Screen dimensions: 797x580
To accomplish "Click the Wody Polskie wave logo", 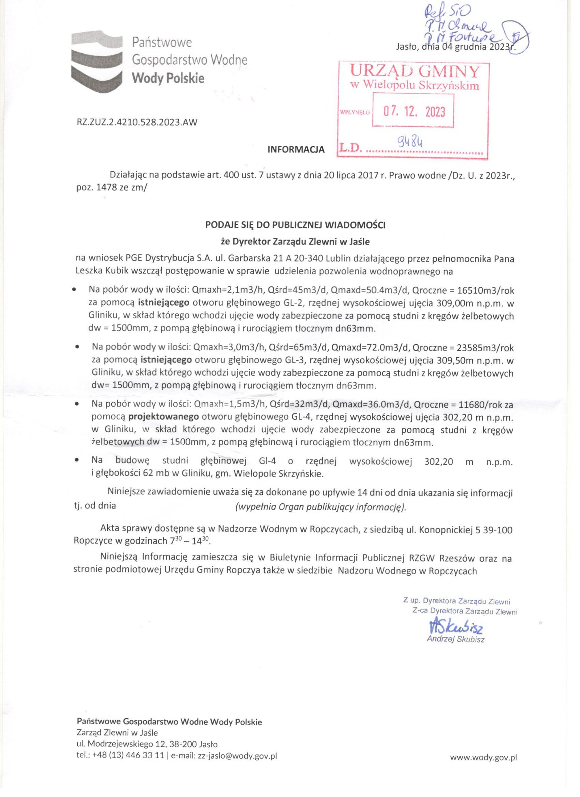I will pyautogui.click(x=97, y=61).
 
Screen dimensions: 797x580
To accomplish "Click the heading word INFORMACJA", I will pyautogui.click(x=296, y=150).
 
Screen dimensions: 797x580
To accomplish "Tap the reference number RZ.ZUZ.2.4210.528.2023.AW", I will pyautogui.click(x=137, y=122).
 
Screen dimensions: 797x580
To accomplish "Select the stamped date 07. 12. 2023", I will pyautogui.click(x=414, y=112).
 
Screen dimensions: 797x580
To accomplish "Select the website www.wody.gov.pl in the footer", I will pyautogui.click(x=483, y=757).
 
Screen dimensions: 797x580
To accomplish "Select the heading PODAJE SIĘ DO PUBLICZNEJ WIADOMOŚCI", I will pyautogui.click(x=295, y=225).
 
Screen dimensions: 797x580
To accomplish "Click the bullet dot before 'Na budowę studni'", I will pyautogui.click(x=77, y=461).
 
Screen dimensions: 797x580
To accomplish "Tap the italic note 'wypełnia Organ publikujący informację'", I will pyautogui.click(x=320, y=507).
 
